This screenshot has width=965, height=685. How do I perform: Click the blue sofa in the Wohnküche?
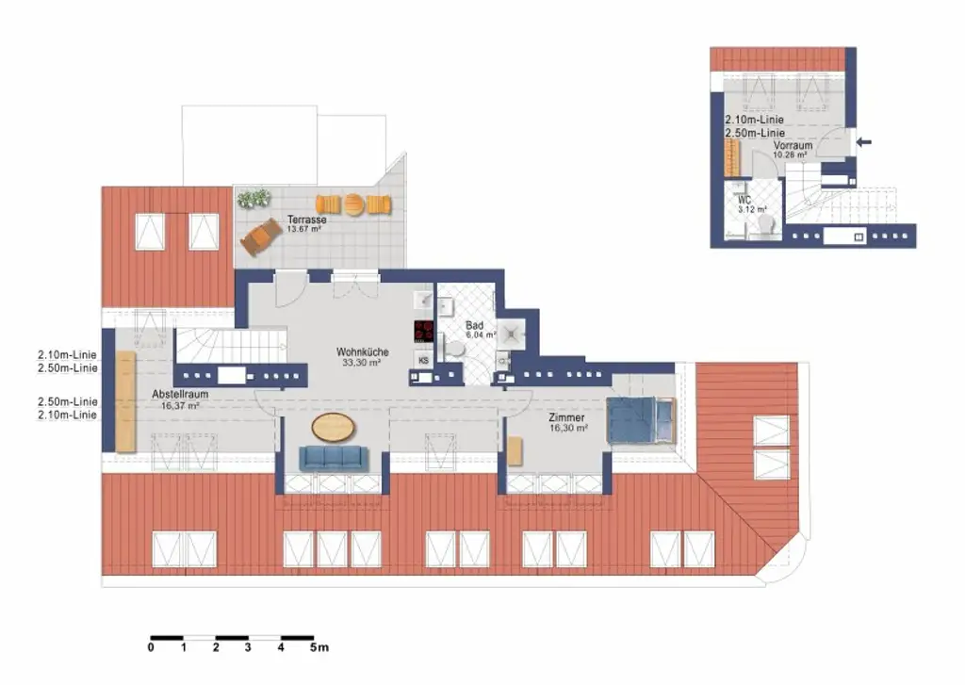tap(334, 458)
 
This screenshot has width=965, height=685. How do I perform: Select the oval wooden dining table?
tap(335, 428)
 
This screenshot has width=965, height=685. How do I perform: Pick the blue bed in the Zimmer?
tap(640, 419)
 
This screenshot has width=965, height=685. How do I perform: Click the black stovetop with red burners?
tap(424, 331)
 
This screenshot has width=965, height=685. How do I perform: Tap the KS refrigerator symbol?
tap(423, 360)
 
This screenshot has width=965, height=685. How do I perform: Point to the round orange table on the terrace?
tap(353, 204)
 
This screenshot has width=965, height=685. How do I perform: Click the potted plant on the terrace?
tap(254, 200)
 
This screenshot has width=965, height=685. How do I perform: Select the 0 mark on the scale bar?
tap(151, 647)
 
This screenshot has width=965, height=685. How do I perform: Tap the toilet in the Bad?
tap(455, 350)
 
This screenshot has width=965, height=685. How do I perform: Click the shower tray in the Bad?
tap(514, 331)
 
